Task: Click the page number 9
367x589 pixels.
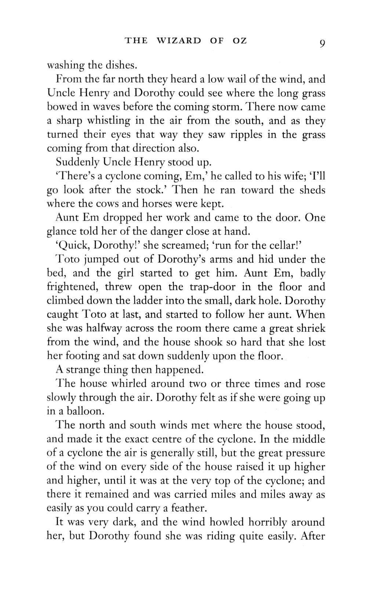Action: pyautogui.click(x=322, y=43)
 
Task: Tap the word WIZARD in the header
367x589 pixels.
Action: pyautogui.click(x=179, y=41)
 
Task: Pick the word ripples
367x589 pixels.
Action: pyautogui.click(x=246, y=135)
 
